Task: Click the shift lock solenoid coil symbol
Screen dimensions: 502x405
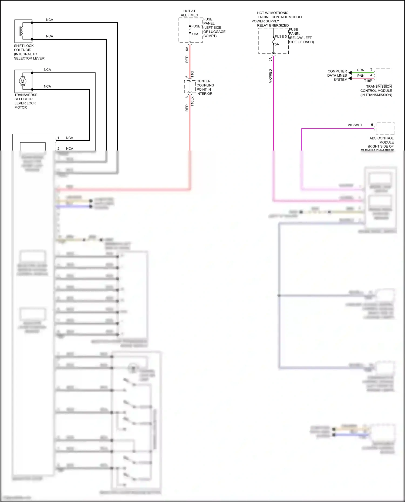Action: point(21,31)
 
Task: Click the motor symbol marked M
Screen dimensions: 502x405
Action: point(22,81)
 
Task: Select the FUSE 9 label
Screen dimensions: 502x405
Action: point(197,26)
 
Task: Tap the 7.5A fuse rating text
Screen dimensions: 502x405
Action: point(195,34)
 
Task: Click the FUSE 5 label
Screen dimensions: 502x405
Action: point(281,36)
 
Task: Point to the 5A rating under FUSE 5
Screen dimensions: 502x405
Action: point(277,44)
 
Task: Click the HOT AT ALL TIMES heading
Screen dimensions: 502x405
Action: point(189,13)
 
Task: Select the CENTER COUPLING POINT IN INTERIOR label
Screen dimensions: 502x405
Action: point(205,87)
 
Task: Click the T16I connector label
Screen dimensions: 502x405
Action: point(192,74)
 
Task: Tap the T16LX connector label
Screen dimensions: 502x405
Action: point(192,101)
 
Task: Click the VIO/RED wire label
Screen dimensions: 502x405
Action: point(270,76)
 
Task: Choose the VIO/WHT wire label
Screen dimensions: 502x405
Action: point(355,125)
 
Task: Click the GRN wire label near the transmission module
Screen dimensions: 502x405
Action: point(360,70)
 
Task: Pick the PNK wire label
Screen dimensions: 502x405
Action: point(361,76)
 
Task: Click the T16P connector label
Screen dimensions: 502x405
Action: point(368,80)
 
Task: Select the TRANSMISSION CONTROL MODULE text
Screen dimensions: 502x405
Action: point(376,90)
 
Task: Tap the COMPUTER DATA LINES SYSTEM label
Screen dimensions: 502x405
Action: point(337,75)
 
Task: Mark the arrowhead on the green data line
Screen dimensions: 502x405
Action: point(350,73)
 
